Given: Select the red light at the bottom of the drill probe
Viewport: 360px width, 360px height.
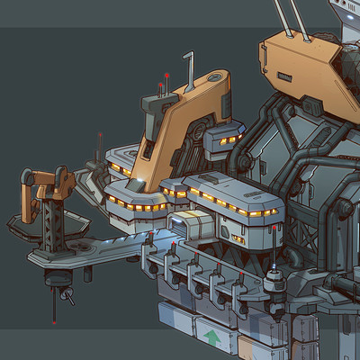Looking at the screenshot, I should click(55, 321).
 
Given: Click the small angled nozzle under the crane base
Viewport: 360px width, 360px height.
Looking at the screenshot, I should click(67, 296).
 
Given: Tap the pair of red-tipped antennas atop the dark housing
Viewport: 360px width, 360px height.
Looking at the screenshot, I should click(163, 82).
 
